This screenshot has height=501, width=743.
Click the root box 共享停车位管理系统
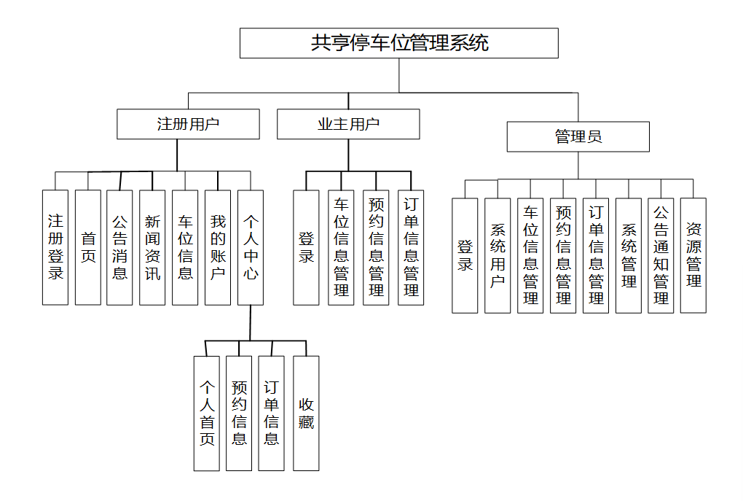[x=399, y=43]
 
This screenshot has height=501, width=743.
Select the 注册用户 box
[x=188, y=124]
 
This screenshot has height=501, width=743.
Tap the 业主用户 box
[x=348, y=124]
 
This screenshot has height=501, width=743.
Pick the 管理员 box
[x=578, y=136]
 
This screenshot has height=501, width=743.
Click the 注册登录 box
[x=55, y=247]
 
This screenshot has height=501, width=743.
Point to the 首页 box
[x=88, y=247]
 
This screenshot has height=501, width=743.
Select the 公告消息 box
[x=119, y=247]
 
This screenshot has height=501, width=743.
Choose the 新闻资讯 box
[x=152, y=247]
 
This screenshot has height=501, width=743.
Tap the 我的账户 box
[x=218, y=247]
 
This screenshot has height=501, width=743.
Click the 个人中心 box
[x=251, y=247]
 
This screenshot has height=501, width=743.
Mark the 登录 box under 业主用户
[x=306, y=247]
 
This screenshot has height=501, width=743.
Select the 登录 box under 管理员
[x=465, y=255]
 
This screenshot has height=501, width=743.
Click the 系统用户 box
[x=498, y=255]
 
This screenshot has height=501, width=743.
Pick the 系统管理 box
[x=629, y=255]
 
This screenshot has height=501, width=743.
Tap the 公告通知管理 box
[x=661, y=255]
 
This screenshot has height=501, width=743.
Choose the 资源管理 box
[x=693, y=255]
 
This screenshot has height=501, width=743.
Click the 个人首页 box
[x=207, y=413]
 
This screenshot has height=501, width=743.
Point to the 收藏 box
[x=306, y=413]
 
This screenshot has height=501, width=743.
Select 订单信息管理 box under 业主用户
[x=411, y=247]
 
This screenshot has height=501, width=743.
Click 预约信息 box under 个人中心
[x=239, y=413]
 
